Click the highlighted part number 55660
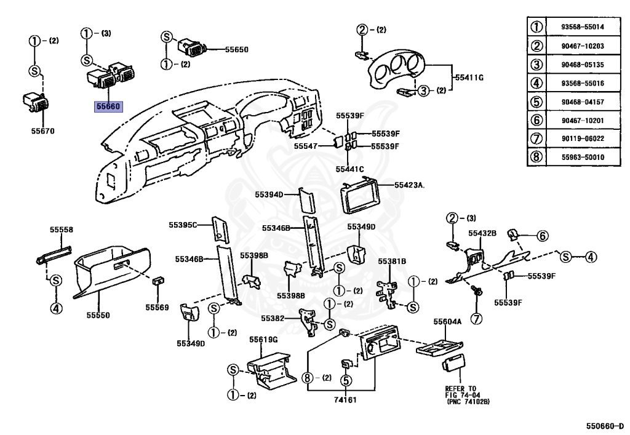(x=108, y=106)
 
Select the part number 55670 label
(x=42, y=130)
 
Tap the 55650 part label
(x=236, y=49)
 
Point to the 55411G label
(x=469, y=78)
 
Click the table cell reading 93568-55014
(x=583, y=27)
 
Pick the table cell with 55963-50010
(x=583, y=157)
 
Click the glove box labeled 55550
(x=111, y=271)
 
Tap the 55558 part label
(x=61, y=229)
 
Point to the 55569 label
(x=157, y=306)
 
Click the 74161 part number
(x=345, y=399)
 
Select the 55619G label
(x=263, y=339)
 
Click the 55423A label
(x=410, y=184)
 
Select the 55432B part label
(x=482, y=233)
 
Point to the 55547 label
(x=306, y=146)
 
